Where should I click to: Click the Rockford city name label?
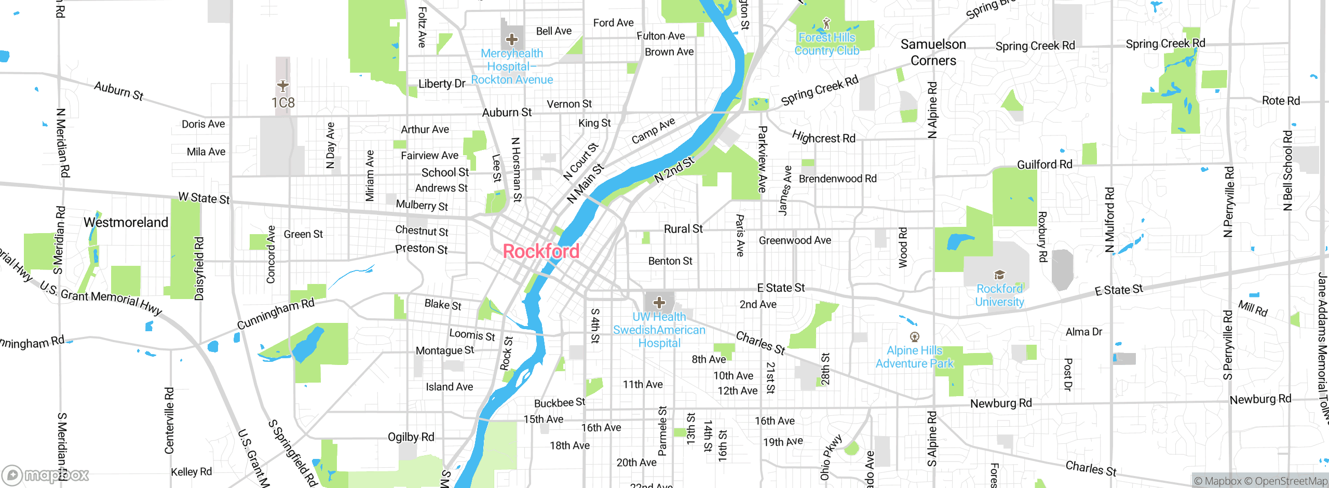[x=541, y=251]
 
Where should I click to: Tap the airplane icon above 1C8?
[x=282, y=86]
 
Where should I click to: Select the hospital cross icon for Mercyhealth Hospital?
[x=512, y=39]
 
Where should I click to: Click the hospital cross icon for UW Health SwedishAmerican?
[x=659, y=302]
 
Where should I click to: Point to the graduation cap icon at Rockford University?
[x=999, y=275]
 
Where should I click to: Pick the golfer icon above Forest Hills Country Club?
[x=826, y=23]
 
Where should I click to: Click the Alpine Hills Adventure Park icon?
[x=915, y=337]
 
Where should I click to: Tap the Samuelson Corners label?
[x=933, y=52]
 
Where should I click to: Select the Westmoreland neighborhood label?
[x=126, y=222]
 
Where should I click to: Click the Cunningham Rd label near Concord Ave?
[x=276, y=314]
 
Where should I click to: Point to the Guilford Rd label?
[x=1045, y=165]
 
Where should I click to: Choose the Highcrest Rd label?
[x=824, y=137]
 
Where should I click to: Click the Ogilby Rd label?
[x=411, y=437]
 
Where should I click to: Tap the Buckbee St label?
[x=560, y=402]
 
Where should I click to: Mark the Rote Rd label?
[x=1281, y=101]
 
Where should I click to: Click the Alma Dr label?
[x=1083, y=332]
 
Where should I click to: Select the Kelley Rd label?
[x=192, y=471]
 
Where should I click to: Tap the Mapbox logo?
[x=45, y=475]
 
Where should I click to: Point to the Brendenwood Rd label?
[x=837, y=179]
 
